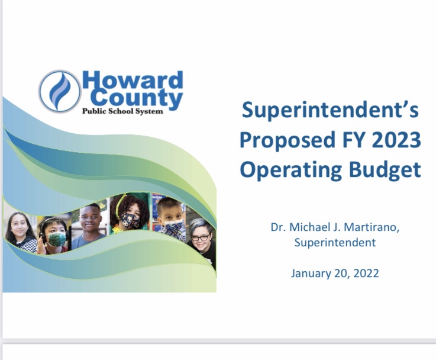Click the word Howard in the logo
tap(133, 81)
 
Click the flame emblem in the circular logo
tap(60, 92)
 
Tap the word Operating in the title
tap(287, 169)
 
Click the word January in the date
tap(311, 274)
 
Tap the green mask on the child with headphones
tap(57, 238)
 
